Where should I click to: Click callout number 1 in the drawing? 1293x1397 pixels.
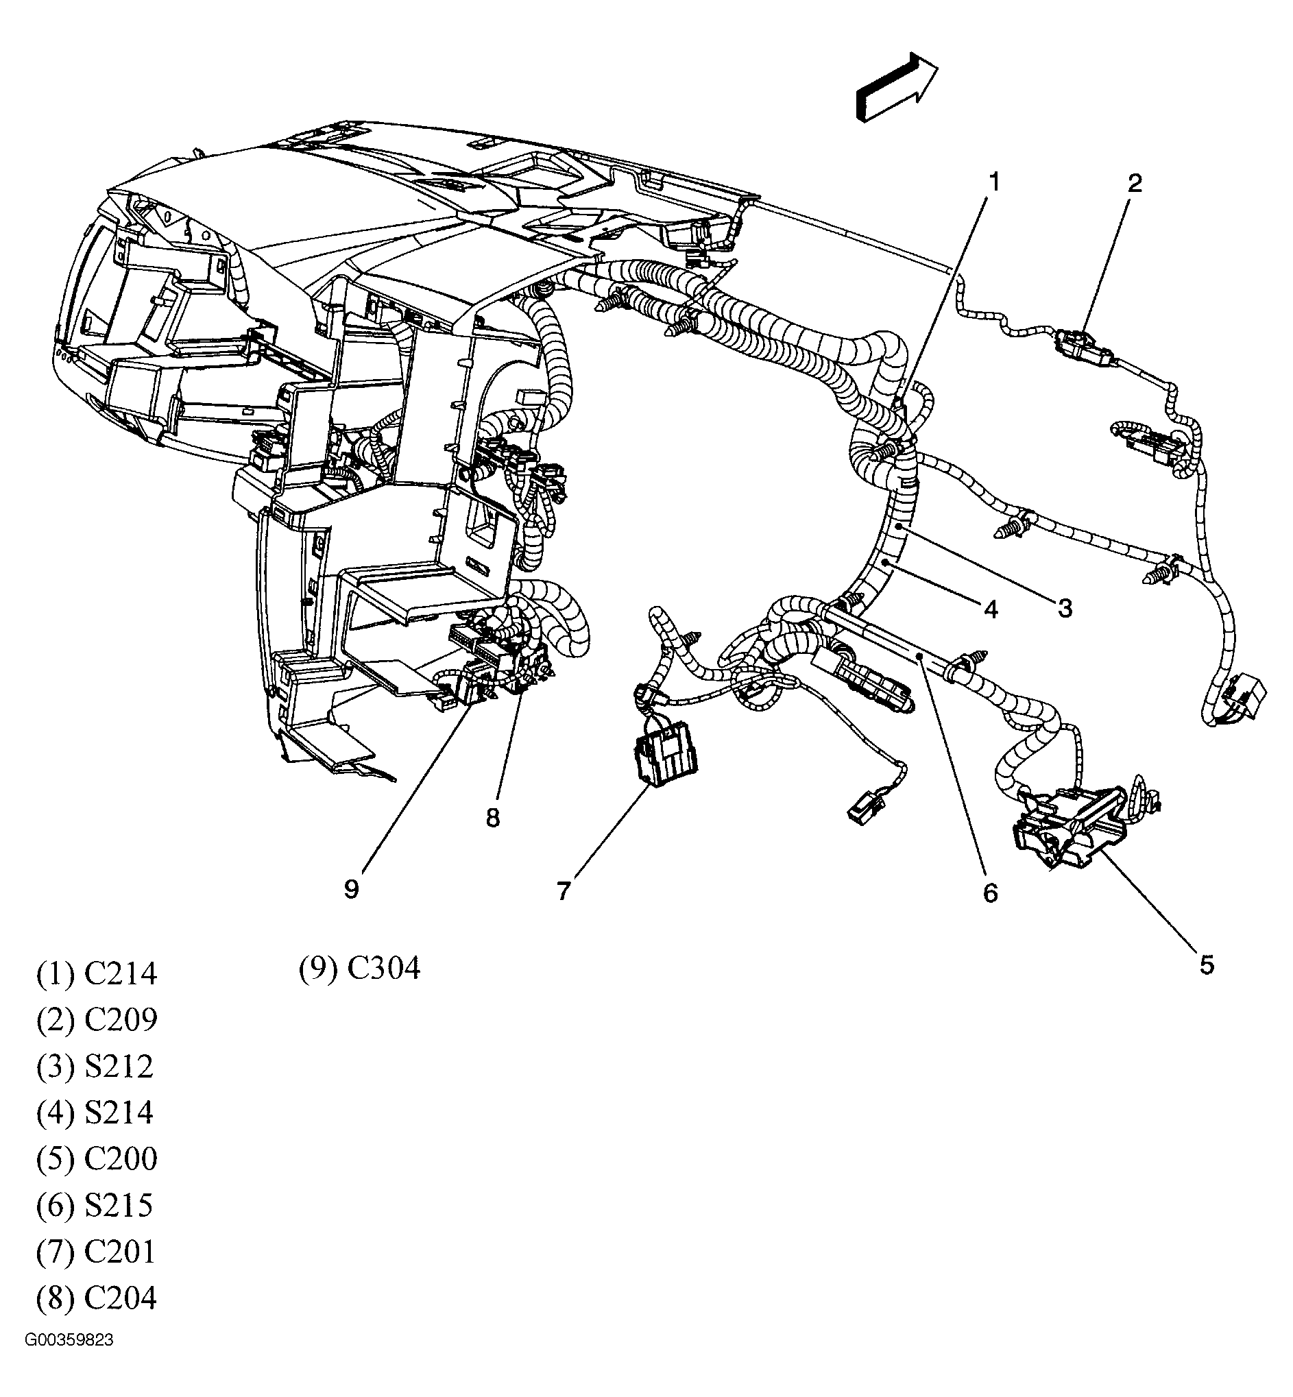[993, 182]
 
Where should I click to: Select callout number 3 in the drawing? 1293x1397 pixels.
[1064, 609]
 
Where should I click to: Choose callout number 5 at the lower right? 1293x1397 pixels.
[1206, 965]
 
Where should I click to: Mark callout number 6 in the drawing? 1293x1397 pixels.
[990, 893]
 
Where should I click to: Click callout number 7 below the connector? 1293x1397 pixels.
[564, 890]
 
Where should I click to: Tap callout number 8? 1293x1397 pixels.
[492, 817]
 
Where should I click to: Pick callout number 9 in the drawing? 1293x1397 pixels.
[351, 889]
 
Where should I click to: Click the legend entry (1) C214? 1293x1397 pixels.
[97, 974]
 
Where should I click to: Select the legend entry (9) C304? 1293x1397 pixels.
[360, 969]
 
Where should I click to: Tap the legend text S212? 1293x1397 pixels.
[119, 1067]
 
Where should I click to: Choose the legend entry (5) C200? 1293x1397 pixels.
[97, 1159]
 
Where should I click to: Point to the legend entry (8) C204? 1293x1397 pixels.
[97, 1298]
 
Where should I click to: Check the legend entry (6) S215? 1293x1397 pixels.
[95, 1205]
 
